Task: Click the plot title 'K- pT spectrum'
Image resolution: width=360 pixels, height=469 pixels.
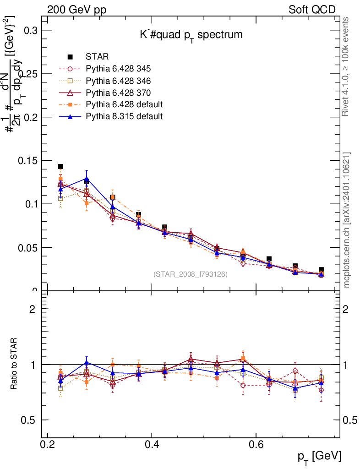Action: coord(191,35)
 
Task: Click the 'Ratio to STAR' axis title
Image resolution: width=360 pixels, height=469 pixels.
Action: coord(16,365)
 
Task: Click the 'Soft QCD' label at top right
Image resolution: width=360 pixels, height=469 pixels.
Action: coord(312,10)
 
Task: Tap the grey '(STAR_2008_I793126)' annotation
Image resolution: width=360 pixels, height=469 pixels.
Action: coord(190,274)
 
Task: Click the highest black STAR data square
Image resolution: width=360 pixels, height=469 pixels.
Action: coord(60,167)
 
